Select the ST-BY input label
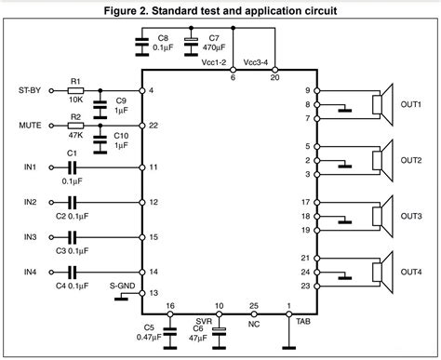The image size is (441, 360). [x=31, y=90]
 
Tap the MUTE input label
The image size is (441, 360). [x=29, y=125]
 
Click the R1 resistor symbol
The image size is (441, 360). [x=75, y=90]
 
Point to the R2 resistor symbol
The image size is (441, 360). [x=75, y=125]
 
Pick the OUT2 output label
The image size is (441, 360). [x=411, y=161]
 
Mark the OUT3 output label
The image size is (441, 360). [x=411, y=216]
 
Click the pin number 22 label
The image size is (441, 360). [x=153, y=125]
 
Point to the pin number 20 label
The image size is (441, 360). [x=274, y=79]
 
